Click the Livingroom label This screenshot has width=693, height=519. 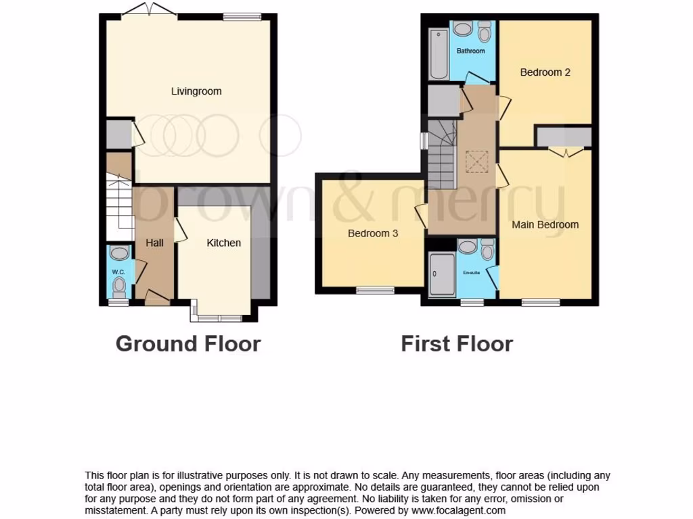(196, 91)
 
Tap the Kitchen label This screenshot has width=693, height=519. (223, 243)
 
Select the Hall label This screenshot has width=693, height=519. (154, 243)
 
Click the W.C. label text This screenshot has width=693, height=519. (118, 272)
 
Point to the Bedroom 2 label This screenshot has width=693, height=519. (545, 72)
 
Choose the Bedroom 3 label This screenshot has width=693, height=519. (372, 234)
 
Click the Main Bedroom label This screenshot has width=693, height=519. (545, 224)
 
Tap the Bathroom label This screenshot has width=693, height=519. (470, 51)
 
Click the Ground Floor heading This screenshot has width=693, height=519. (188, 343)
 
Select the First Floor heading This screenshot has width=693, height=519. (457, 343)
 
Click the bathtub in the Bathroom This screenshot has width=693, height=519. (437, 54)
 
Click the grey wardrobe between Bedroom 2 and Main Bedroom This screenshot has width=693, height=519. (564, 137)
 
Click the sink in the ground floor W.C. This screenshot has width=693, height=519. (119, 253)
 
